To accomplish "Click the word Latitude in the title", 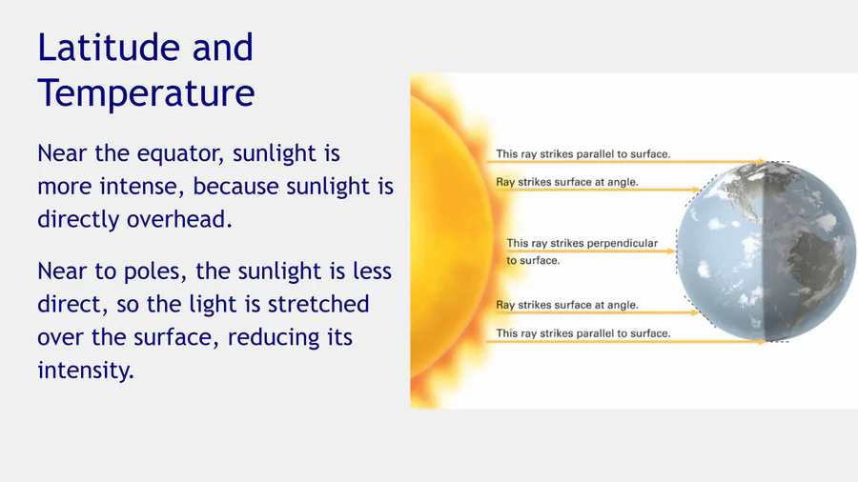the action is point(109,47).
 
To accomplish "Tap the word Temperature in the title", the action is point(146,92).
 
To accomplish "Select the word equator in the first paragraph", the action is point(180,153).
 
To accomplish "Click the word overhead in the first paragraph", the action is point(179,219).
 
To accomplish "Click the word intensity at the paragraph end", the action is point(86,370).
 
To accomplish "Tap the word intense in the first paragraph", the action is point(143,187).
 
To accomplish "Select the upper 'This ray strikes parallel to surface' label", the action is point(582,154).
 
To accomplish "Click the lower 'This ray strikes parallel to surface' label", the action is point(582,333).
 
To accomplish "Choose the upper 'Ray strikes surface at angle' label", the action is point(567,182).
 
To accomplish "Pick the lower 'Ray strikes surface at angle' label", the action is point(567,305).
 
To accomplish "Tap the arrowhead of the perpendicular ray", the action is point(671,251).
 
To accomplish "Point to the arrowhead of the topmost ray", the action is point(763,162).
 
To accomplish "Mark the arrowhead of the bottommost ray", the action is point(763,342).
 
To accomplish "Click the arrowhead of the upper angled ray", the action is point(696,190).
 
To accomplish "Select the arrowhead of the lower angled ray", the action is point(696,312).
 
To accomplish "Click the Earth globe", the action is point(766,251).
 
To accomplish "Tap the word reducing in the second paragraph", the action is point(272,337).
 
